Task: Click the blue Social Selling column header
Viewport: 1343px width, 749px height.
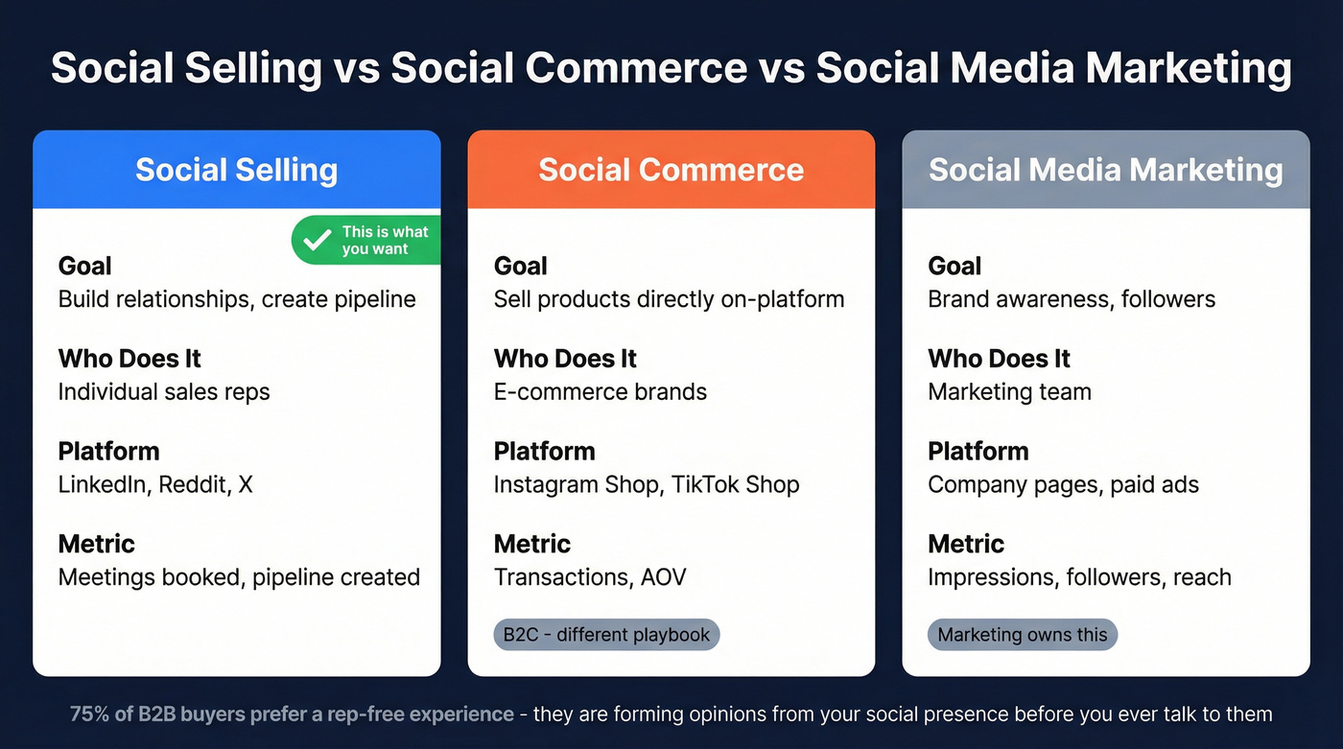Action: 236,170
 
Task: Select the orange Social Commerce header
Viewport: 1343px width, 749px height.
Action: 671,170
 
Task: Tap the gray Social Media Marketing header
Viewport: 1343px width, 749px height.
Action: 1105,170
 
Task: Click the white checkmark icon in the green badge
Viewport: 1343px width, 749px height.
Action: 316,240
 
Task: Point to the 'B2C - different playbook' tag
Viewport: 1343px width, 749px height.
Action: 605,634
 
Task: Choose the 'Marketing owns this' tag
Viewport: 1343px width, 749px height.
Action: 1022,634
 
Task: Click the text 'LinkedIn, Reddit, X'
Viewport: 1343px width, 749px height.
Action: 155,484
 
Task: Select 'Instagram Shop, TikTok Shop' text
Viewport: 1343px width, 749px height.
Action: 646,484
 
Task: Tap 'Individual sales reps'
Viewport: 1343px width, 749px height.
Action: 164,391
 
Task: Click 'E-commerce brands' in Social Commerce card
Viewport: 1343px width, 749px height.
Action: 600,391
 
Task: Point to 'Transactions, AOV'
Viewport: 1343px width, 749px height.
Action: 589,577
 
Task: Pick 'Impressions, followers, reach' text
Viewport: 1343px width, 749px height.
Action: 1079,577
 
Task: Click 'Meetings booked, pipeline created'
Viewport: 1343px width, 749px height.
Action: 239,577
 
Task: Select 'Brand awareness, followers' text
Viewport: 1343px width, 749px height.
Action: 1071,298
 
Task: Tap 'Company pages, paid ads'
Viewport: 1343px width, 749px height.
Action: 1063,484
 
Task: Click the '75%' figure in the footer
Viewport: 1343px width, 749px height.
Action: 87,714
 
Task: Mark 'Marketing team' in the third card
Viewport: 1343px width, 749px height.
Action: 1009,391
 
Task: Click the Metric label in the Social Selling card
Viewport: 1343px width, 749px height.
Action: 96,544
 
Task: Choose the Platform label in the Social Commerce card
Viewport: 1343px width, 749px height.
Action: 544,451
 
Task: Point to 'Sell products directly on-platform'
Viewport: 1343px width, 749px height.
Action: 669,298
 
